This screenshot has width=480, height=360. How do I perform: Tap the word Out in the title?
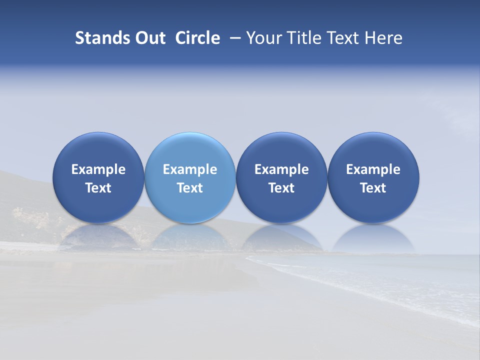tap(149, 38)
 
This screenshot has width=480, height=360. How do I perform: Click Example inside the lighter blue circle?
tap(190, 169)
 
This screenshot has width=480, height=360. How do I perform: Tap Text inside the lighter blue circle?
tap(190, 188)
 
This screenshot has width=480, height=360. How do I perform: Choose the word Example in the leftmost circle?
tap(98, 169)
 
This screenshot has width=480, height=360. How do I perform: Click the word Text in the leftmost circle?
tap(98, 188)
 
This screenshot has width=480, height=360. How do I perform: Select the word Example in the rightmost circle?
tap(373, 169)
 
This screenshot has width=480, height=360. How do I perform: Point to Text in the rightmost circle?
tap(373, 188)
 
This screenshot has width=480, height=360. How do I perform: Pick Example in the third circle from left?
tap(281, 169)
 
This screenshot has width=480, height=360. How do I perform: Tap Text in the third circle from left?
tap(281, 188)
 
